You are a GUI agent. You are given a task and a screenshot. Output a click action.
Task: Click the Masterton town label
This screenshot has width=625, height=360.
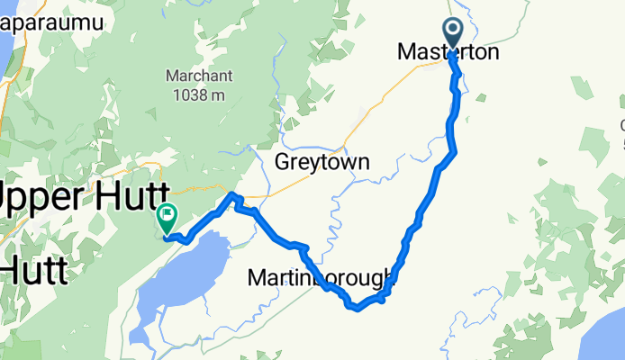click(x=448, y=53)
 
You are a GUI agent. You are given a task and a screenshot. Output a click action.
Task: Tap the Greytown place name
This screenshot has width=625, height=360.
click(x=322, y=163)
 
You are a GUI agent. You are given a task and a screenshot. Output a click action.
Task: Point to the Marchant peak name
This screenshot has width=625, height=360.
click(x=200, y=76)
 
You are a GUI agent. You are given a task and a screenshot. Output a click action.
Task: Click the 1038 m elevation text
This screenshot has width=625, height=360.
click(x=200, y=94)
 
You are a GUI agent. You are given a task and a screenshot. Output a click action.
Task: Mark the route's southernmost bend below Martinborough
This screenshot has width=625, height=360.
click(x=357, y=309)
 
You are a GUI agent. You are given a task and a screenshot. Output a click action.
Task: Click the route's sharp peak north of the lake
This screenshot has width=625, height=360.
click(x=232, y=195)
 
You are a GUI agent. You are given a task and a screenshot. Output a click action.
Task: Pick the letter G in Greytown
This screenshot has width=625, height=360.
click(x=282, y=163)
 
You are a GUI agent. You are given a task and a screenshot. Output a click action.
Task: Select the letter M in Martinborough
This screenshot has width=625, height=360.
click(x=257, y=281)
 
